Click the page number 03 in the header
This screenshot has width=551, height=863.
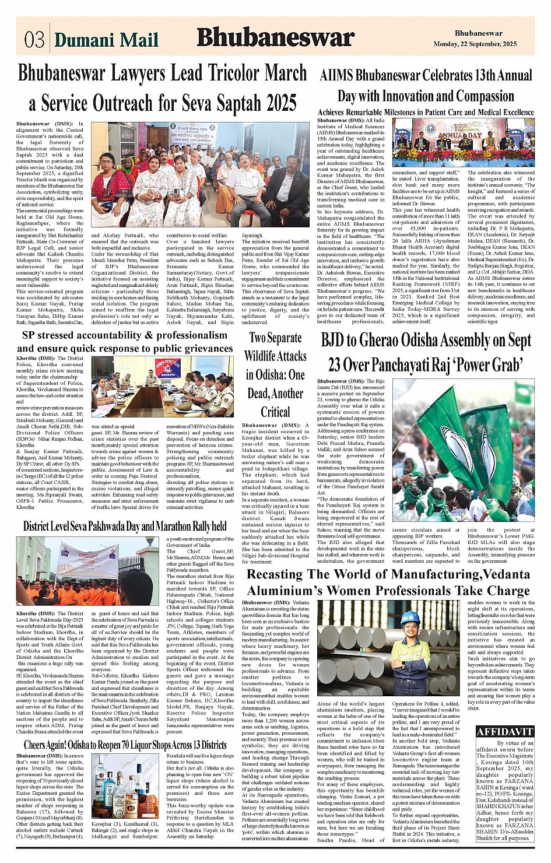tap(34, 39)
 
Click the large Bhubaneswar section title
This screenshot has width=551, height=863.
tap(275, 37)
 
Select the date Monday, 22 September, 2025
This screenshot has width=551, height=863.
tap(475, 44)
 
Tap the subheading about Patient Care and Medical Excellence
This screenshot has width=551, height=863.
tap(426, 112)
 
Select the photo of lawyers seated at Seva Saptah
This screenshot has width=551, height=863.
tap(200, 174)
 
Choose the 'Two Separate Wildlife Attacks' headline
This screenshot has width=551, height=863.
tap(275, 374)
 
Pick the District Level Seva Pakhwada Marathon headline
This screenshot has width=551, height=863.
tap(125, 526)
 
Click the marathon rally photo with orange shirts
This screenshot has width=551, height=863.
tap(85, 571)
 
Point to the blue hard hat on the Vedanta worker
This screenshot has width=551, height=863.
tap(410, 618)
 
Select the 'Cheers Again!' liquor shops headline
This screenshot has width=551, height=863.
tap(125, 745)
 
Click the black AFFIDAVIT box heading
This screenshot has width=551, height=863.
tap(504, 732)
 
